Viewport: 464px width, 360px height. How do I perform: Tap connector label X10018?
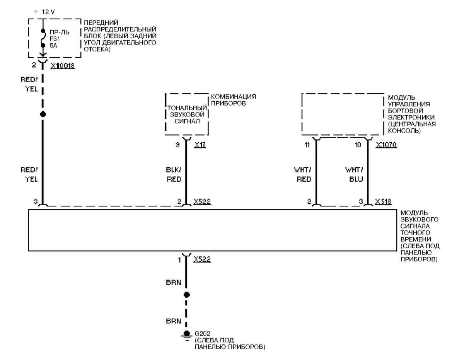62,66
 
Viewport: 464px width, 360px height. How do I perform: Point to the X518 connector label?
383,201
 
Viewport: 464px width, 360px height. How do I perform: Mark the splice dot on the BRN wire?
186,295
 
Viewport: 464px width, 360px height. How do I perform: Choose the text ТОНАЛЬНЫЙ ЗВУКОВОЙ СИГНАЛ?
187,114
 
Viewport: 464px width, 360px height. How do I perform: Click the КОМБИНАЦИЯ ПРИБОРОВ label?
234,99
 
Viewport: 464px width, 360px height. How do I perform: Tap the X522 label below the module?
202,259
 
